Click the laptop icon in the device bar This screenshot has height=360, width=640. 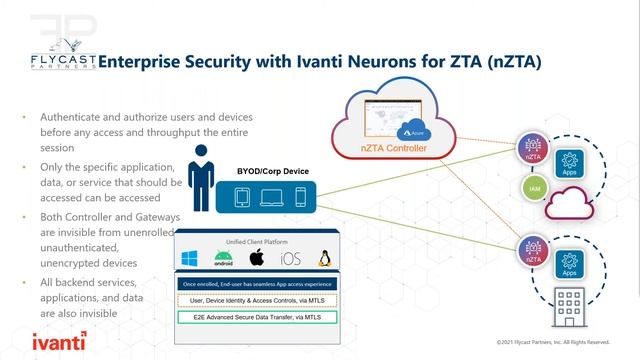270,198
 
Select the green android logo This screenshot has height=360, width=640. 225,260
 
